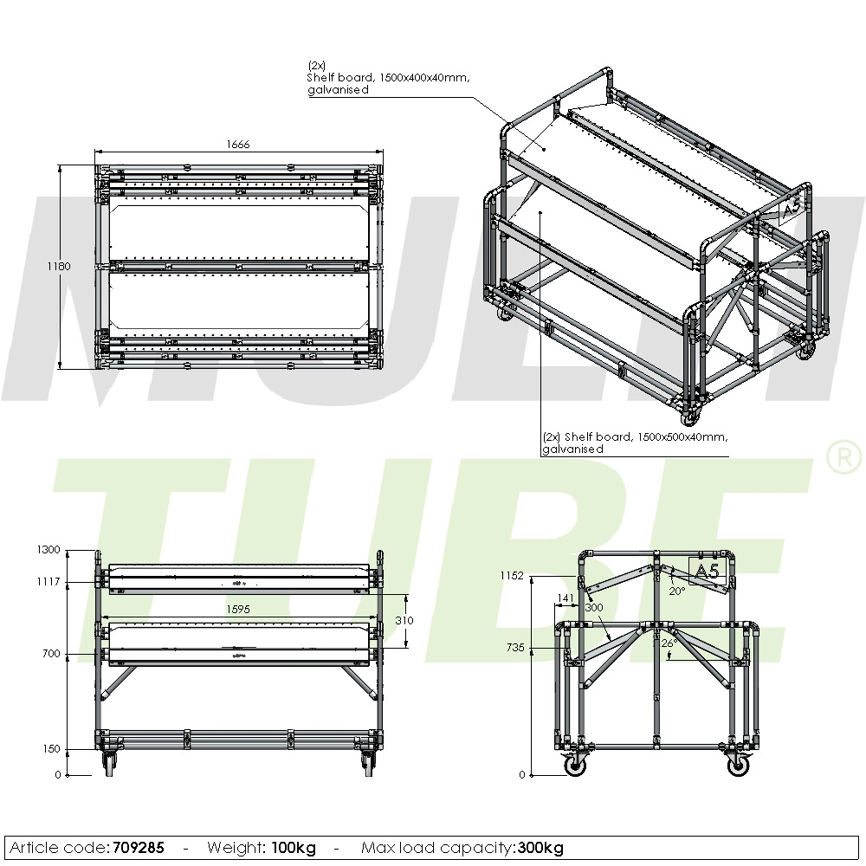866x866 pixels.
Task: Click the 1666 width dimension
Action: (238, 145)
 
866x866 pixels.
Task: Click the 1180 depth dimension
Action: (59, 267)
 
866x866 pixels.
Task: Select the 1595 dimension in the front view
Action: (238, 610)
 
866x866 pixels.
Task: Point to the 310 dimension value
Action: (404, 621)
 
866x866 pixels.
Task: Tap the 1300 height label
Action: (49, 550)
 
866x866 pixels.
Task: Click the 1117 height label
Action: (49, 582)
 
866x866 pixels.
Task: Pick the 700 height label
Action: (52, 654)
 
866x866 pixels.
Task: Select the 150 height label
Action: (52, 748)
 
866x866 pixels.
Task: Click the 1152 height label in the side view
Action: (513, 576)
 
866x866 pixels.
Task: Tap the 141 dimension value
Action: (564, 598)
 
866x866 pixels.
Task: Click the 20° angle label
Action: (676, 591)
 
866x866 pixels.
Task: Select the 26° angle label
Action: (668, 643)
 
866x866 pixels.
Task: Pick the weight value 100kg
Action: (294, 848)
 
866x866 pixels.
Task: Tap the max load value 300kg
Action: (541, 848)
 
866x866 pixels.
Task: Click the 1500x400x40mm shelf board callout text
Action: (389, 78)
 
